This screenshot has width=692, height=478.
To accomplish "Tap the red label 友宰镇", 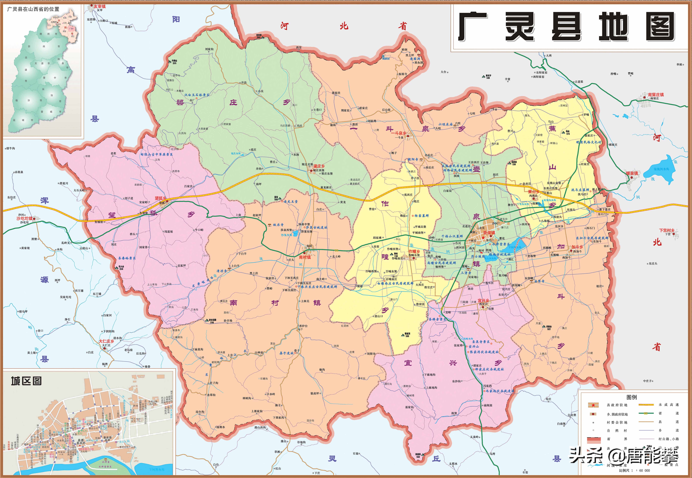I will tap(100, 6).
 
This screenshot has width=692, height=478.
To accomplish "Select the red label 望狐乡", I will tap(160, 198).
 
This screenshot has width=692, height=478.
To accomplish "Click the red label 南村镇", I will tap(305, 257).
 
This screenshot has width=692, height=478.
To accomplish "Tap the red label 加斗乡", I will tap(577, 247).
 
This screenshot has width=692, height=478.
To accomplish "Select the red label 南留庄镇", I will tap(656, 95).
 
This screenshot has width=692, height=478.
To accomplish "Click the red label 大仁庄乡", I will tap(106, 341).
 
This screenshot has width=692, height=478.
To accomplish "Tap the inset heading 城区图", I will tap(26, 381).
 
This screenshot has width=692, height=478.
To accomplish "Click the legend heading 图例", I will tap(631, 397).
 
